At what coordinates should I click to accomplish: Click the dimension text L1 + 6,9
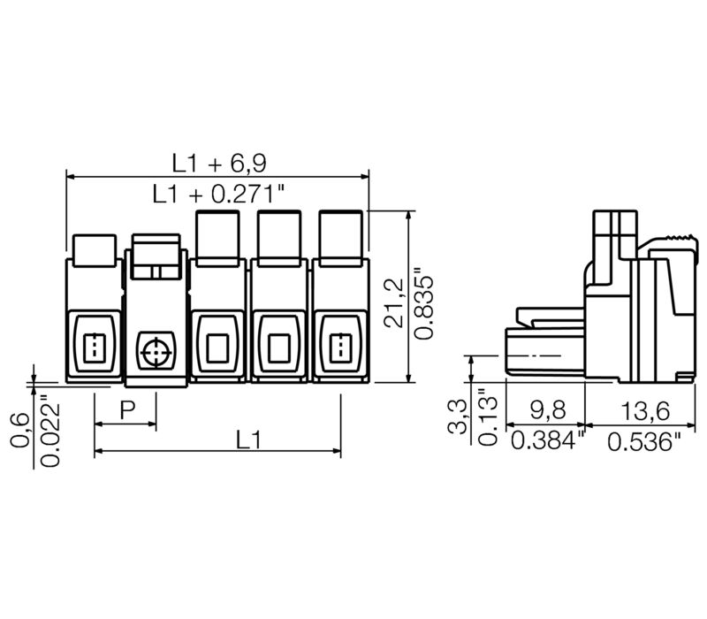(x=219, y=163)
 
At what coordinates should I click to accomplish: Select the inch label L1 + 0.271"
(x=219, y=194)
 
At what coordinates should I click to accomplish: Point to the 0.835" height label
(x=424, y=302)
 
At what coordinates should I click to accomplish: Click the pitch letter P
(x=127, y=410)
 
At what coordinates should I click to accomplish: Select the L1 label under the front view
(x=248, y=439)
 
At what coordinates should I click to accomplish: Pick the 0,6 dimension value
(x=19, y=431)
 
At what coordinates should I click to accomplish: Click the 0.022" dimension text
(x=50, y=430)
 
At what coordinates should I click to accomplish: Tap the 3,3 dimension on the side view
(x=457, y=416)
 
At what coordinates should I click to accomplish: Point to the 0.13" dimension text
(x=488, y=417)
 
